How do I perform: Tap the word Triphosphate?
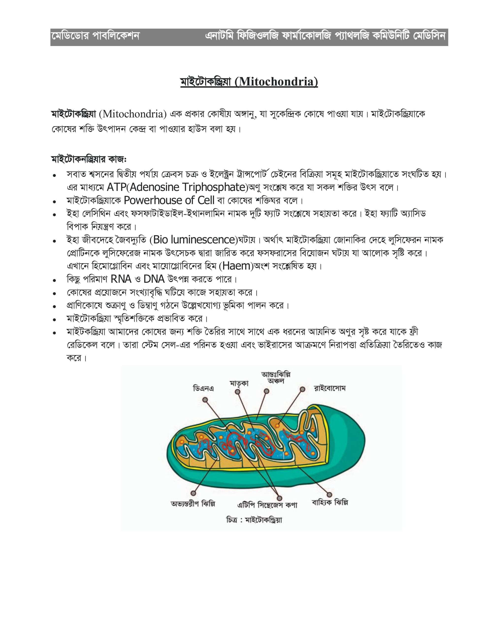(214, 187)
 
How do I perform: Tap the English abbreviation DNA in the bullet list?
(154, 279)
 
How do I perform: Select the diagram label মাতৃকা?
(239, 383)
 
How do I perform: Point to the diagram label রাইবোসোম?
(329, 388)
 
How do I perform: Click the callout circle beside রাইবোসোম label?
(302, 389)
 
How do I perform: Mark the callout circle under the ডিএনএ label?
(205, 400)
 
